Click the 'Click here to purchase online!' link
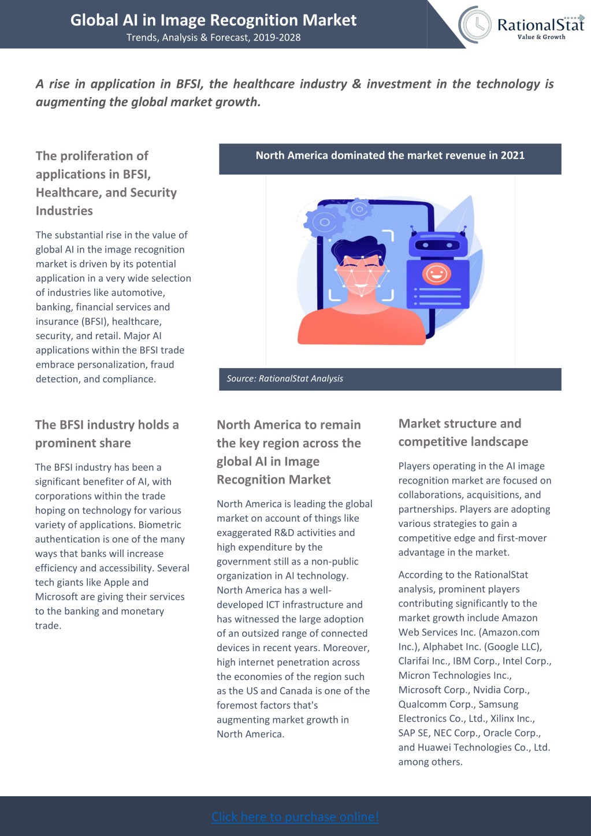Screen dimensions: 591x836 pyautogui.click(x=295, y=816)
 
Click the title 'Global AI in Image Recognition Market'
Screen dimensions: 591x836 pyautogui.click(x=213, y=20)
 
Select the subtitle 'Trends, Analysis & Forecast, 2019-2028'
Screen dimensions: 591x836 pyautogui.click(x=213, y=38)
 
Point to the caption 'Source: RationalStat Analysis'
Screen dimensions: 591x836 pyautogui.click(x=285, y=378)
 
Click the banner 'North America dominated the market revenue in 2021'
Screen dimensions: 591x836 pyautogui.click(x=390, y=155)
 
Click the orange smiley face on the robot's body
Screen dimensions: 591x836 pyautogui.click(x=436, y=274)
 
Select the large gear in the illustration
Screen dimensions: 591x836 pyautogui.click(x=324, y=222)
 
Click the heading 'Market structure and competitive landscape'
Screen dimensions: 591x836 pyautogui.click(x=463, y=433)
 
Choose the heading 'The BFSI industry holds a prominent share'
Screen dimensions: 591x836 pyautogui.click(x=107, y=434)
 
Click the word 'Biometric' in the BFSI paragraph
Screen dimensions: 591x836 pyautogui.click(x=159, y=525)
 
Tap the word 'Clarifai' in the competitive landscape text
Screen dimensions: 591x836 pyautogui.click(x=414, y=661)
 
